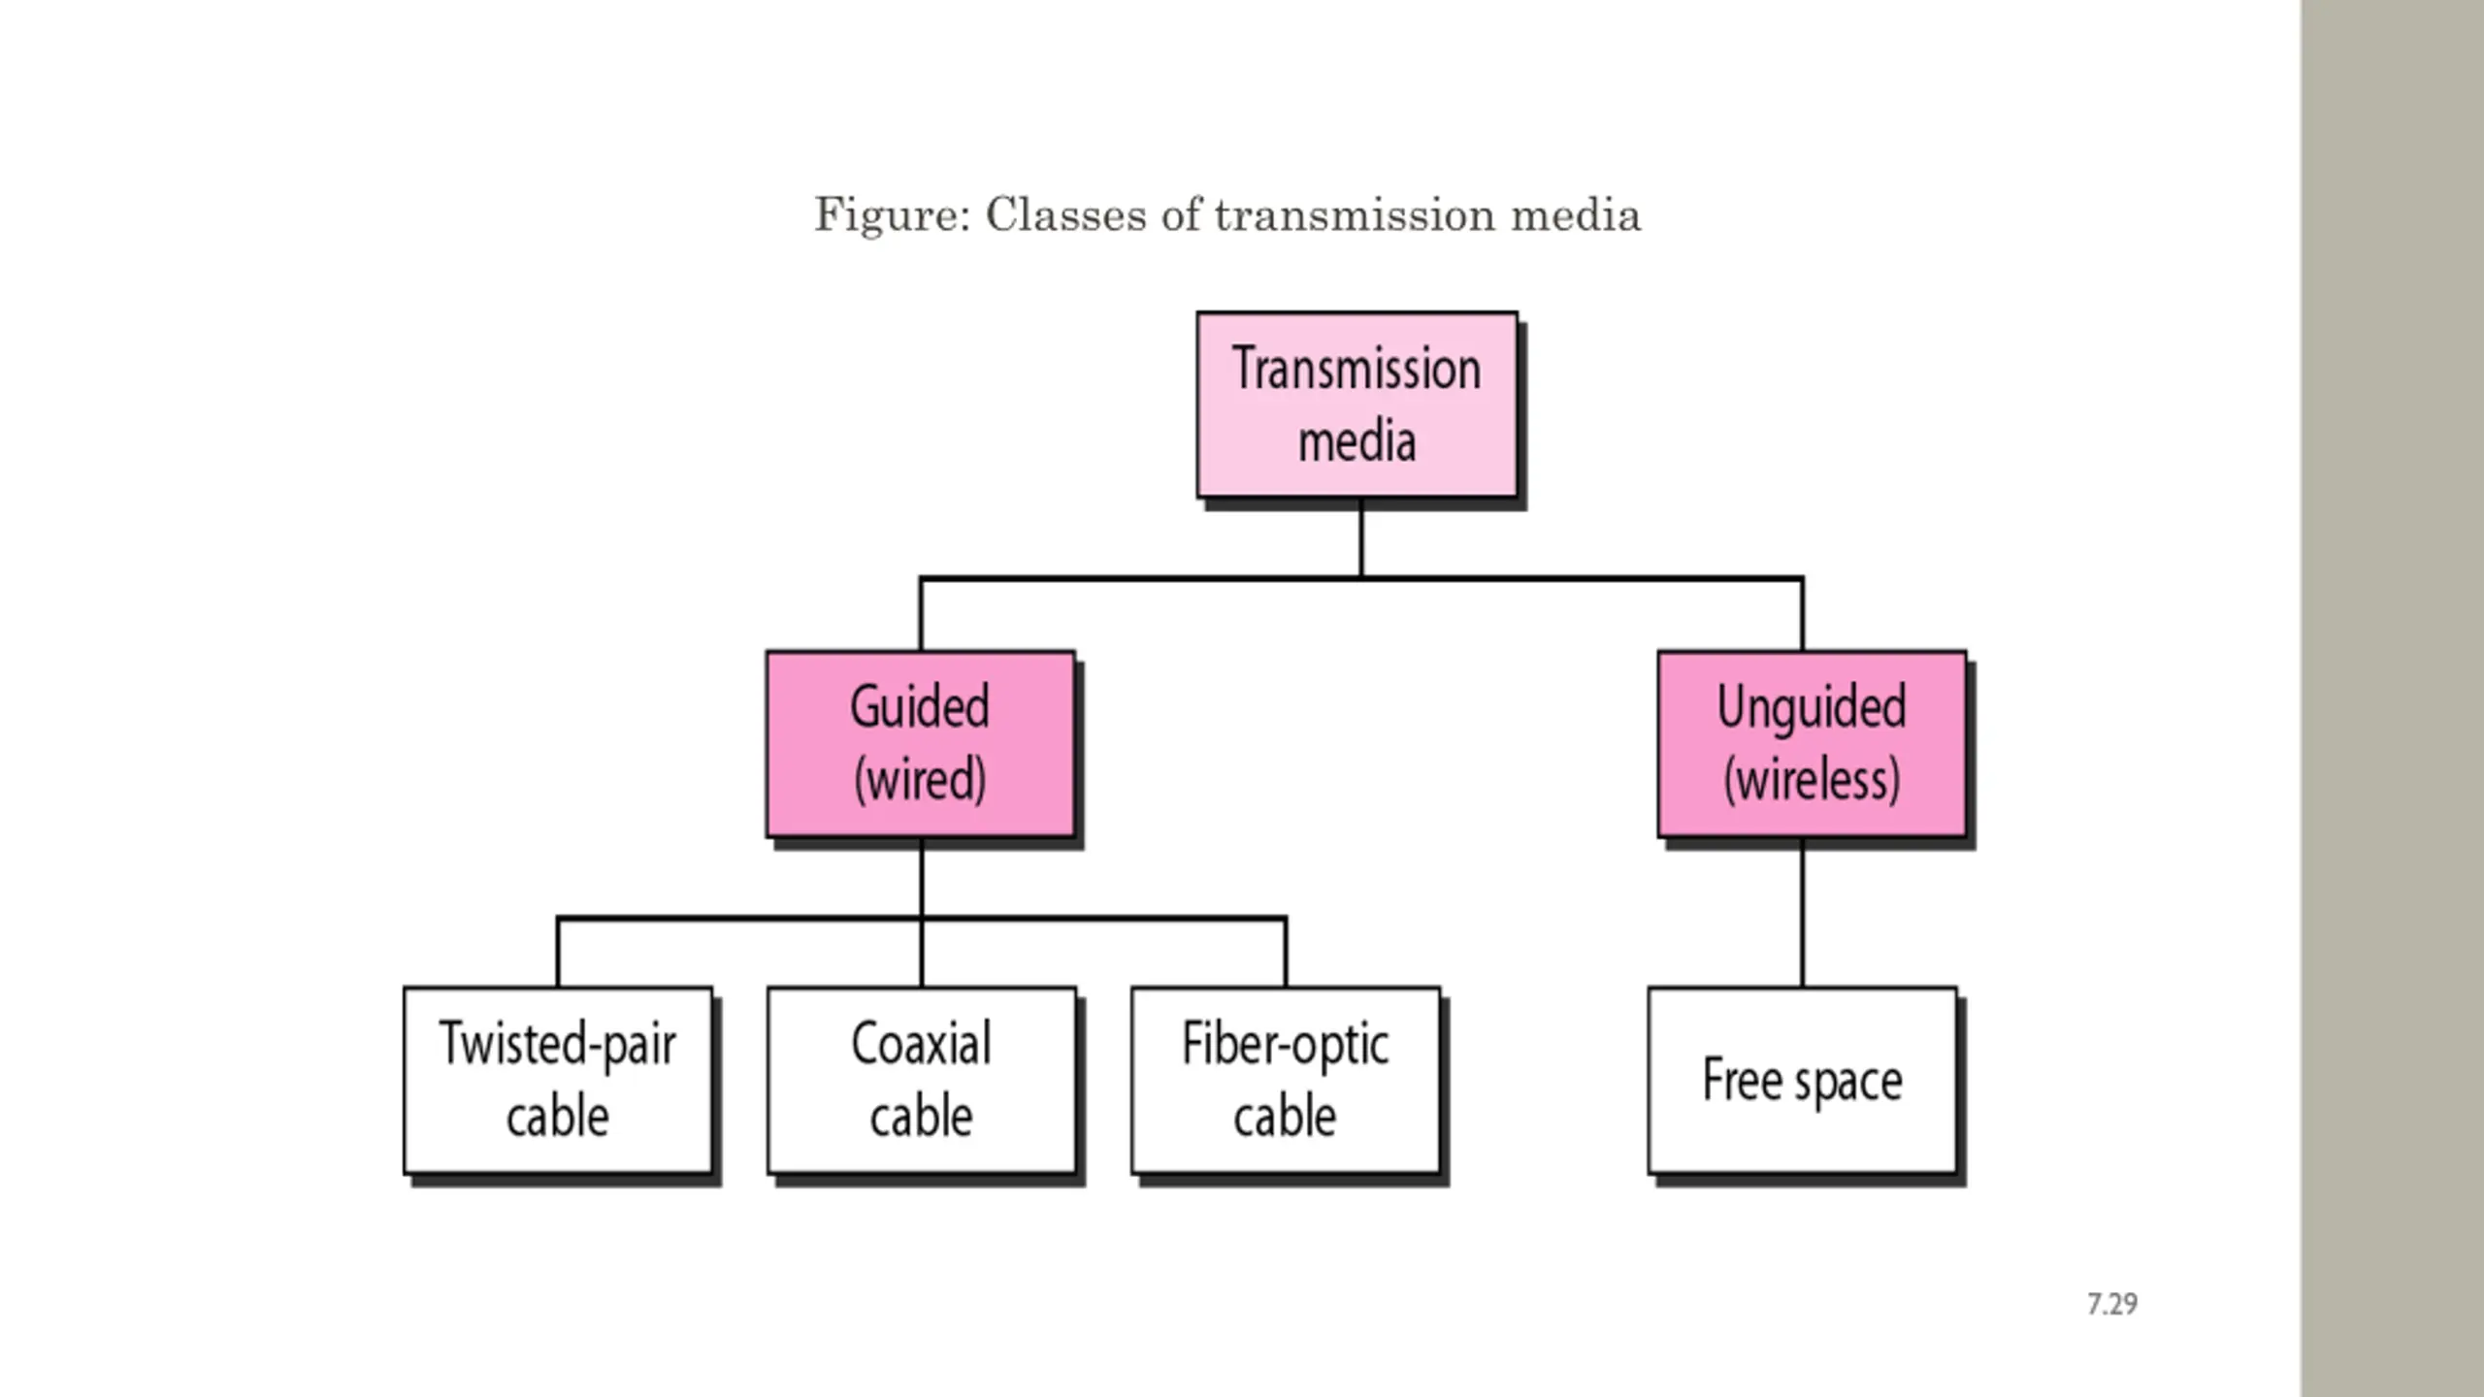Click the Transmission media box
pyautogui.click(x=1357, y=405)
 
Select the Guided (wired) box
pyautogui.click(x=921, y=744)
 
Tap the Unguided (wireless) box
pyautogui.click(x=1813, y=744)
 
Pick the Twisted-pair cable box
pyautogui.click(x=558, y=1081)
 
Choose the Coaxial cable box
pyautogui.click(x=922, y=1081)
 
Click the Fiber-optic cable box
pyautogui.click(x=1286, y=1081)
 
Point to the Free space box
pyautogui.click(x=1803, y=1081)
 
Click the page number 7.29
pyautogui.click(x=2112, y=1304)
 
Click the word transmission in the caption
pyautogui.click(x=1356, y=214)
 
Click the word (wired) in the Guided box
pyautogui.click(x=921, y=780)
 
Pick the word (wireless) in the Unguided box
pyautogui.click(x=1813, y=780)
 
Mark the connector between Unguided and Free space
pyautogui.click(x=1803, y=913)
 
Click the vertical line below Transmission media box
pyautogui.click(x=1361, y=538)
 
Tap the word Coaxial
pyautogui.click(x=922, y=1044)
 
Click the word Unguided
pyautogui.click(x=1812, y=708)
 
